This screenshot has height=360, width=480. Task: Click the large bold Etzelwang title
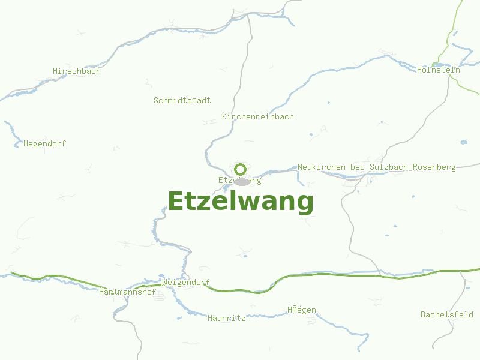click(x=240, y=202)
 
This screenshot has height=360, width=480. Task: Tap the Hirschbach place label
click(x=77, y=71)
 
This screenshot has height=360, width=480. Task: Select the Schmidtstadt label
click(x=182, y=100)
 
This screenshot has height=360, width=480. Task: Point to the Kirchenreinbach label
click(x=258, y=116)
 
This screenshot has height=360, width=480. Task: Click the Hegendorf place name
click(x=44, y=143)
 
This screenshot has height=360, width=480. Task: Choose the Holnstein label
click(x=439, y=70)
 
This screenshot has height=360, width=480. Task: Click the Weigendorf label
click(x=186, y=282)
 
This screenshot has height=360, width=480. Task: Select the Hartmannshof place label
click(x=127, y=292)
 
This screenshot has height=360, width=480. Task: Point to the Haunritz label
click(x=227, y=318)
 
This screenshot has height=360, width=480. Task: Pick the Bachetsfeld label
click(x=446, y=314)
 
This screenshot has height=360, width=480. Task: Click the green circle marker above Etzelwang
click(x=241, y=169)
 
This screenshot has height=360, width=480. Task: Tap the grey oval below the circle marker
click(x=242, y=181)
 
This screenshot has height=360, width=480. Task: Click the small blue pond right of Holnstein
click(x=463, y=142)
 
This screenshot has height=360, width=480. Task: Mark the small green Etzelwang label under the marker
click(x=240, y=180)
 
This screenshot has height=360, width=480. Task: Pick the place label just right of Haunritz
click(x=301, y=310)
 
